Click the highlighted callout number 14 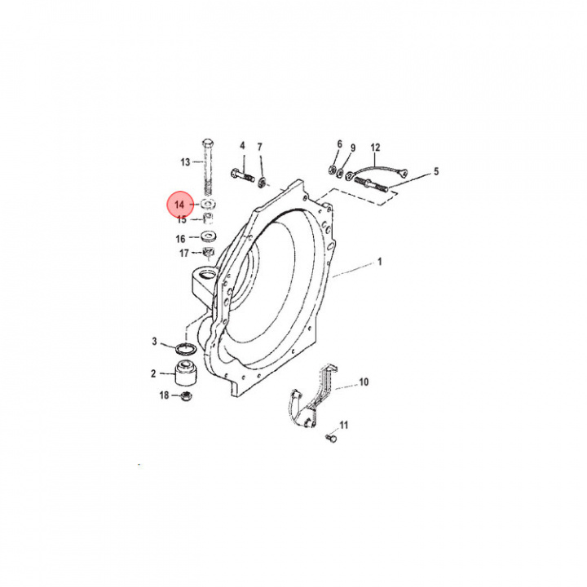[x=179, y=205]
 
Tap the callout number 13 [x=185, y=162]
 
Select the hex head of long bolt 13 [x=208, y=143]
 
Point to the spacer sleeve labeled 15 [x=209, y=218]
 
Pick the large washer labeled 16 [x=210, y=236]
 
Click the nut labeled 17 [x=208, y=252]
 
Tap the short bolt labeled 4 [x=243, y=174]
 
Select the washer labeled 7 [x=262, y=183]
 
